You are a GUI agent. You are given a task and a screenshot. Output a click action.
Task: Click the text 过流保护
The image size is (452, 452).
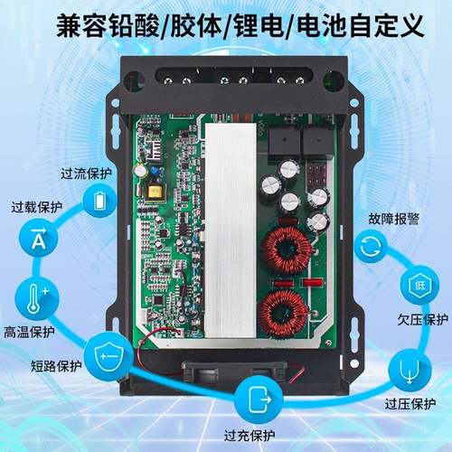point(85,174)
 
